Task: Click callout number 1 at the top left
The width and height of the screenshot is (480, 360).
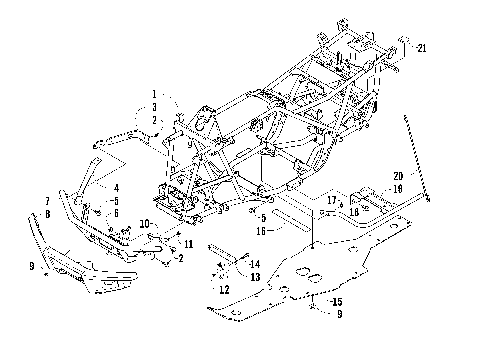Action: [x=155, y=93]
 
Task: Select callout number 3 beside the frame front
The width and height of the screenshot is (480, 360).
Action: [x=155, y=106]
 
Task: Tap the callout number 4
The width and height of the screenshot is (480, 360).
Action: [x=116, y=187]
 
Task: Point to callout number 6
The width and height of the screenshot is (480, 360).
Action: [x=116, y=213]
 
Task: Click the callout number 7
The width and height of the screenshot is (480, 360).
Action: [x=47, y=201]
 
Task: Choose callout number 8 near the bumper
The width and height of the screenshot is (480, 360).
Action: [x=47, y=213]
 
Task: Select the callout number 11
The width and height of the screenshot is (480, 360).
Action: [x=189, y=243]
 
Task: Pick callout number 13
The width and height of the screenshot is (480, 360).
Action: [x=256, y=276]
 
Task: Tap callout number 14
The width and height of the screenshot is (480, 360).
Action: [x=256, y=263]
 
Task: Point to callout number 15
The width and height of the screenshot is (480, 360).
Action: [x=337, y=301]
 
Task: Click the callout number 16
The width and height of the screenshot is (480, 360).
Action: [x=260, y=229]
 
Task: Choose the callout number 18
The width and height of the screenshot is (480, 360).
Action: [x=354, y=213]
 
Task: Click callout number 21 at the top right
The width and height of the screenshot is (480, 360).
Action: [x=422, y=47]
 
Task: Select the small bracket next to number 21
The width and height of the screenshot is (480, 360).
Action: [x=405, y=44]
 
